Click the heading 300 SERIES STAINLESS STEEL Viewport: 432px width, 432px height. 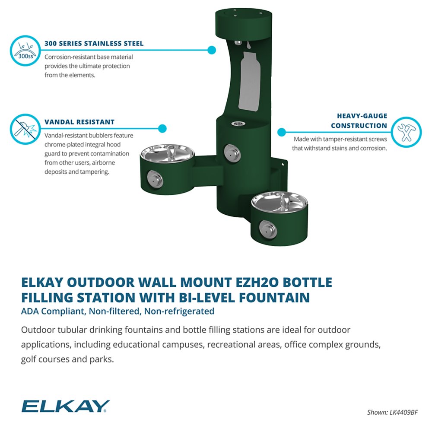click(94, 44)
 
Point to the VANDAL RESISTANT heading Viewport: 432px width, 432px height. click(79, 122)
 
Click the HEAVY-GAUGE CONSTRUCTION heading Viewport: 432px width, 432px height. click(359, 121)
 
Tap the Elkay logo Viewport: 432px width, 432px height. click(65, 407)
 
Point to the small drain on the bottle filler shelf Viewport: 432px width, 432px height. click(236, 124)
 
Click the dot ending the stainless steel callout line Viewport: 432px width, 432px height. click(211, 50)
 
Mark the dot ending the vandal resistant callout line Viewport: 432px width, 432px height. click(162, 128)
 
